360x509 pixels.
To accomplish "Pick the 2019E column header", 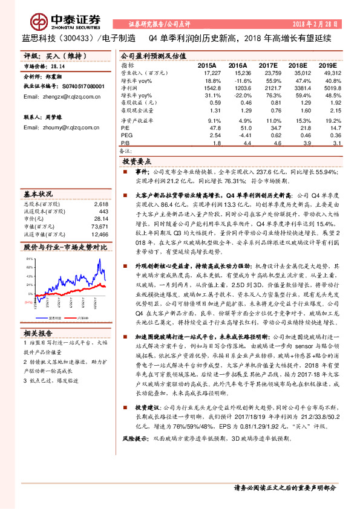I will (327, 65).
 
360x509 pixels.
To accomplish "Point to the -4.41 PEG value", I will (237, 135).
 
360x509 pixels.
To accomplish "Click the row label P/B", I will (125, 143).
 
